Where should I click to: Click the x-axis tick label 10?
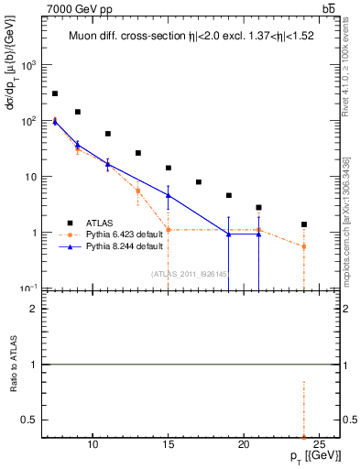(93, 444)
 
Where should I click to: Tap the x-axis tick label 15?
(169, 444)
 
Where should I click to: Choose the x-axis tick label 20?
(244, 444)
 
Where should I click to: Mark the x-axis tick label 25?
(319, 444)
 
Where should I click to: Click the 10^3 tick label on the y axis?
(29, 65)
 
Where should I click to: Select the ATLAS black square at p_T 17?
(199, 182)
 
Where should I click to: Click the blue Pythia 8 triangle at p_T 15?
(169, 195)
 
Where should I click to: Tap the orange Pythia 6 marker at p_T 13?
(138, 191)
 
